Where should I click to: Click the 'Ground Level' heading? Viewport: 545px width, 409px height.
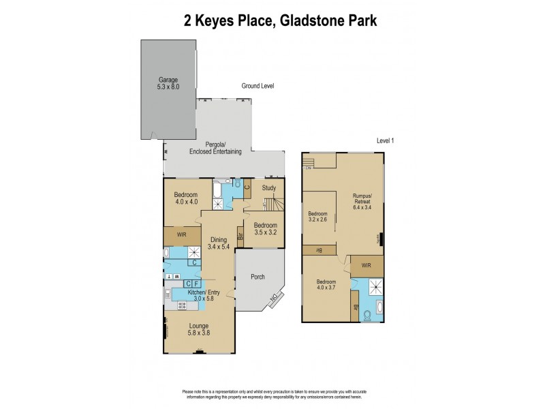tap(258, 87)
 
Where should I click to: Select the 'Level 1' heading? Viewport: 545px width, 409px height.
tap(386, 140)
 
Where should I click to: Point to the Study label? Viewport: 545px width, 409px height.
tap(269, 188)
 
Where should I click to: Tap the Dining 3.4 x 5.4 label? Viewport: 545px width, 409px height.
tap(218, 243)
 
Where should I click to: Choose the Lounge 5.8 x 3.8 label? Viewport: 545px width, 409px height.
tap(199, 330)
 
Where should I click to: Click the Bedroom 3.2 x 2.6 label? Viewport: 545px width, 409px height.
tap(317, 217)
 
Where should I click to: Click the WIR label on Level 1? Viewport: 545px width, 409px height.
tap(367, 265)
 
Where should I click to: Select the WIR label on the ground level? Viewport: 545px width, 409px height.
tap(181, 234)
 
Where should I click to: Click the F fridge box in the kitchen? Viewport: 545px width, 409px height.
tap(196, 283)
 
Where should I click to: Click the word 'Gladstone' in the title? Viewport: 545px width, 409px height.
tap(300, 20)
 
